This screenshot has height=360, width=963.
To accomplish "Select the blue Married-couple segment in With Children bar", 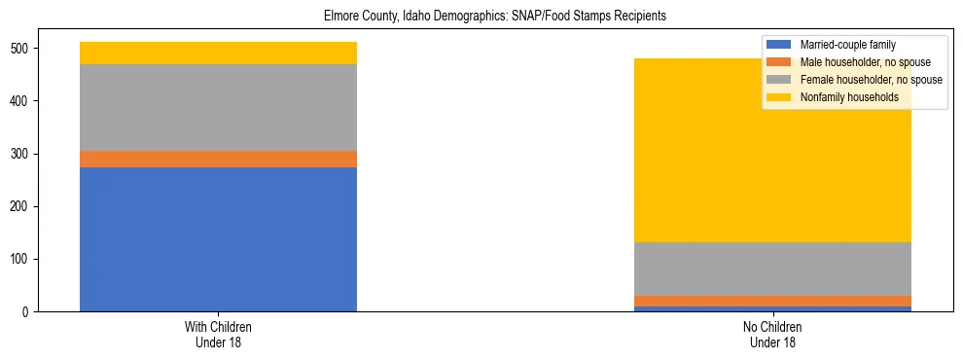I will click(218, 239).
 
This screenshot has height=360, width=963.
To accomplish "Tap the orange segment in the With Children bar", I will click(218, 159).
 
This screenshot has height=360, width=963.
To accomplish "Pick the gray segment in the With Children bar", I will click(218, 107).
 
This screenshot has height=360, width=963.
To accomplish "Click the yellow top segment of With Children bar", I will click(218, 53).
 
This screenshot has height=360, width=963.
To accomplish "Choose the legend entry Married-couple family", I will click(847, 45).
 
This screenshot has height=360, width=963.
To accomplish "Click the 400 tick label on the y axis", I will click(23, 101).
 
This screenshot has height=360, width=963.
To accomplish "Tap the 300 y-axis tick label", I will click(23, 154).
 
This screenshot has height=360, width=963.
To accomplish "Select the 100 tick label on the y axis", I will click(23, 259).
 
